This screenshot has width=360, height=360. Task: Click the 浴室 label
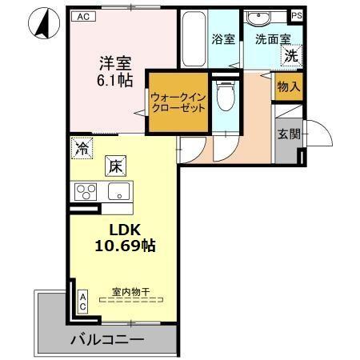pos(223,38)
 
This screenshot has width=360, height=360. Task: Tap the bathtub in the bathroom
pos(193,40)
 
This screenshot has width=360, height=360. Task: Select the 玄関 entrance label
pos(288,134)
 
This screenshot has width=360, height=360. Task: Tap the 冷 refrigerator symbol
pos(80,146)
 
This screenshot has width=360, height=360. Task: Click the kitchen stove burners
pos(85,192)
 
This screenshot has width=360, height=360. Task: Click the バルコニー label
pos(106,339)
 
